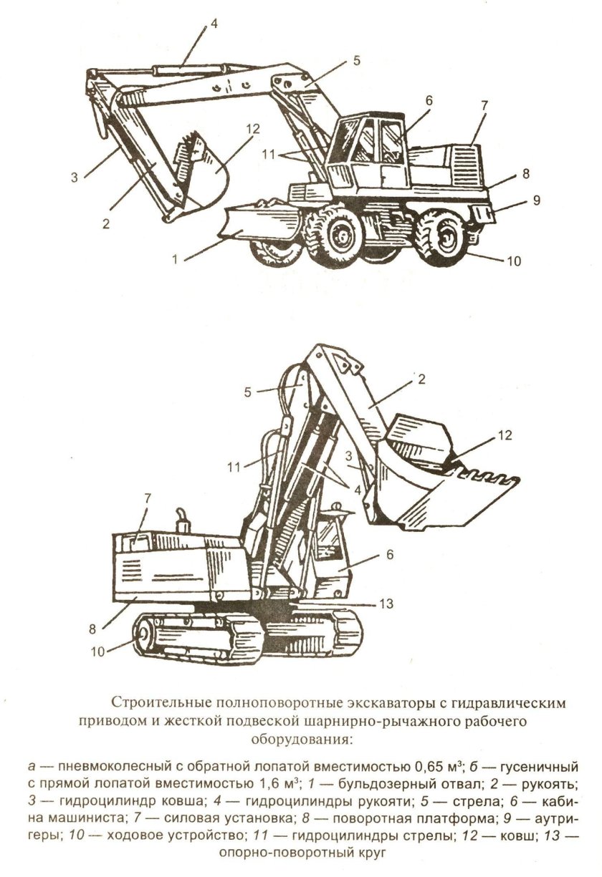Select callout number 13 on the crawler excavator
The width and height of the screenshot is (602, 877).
click(386, 604)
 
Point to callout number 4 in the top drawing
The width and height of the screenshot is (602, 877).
click(213, 24)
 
